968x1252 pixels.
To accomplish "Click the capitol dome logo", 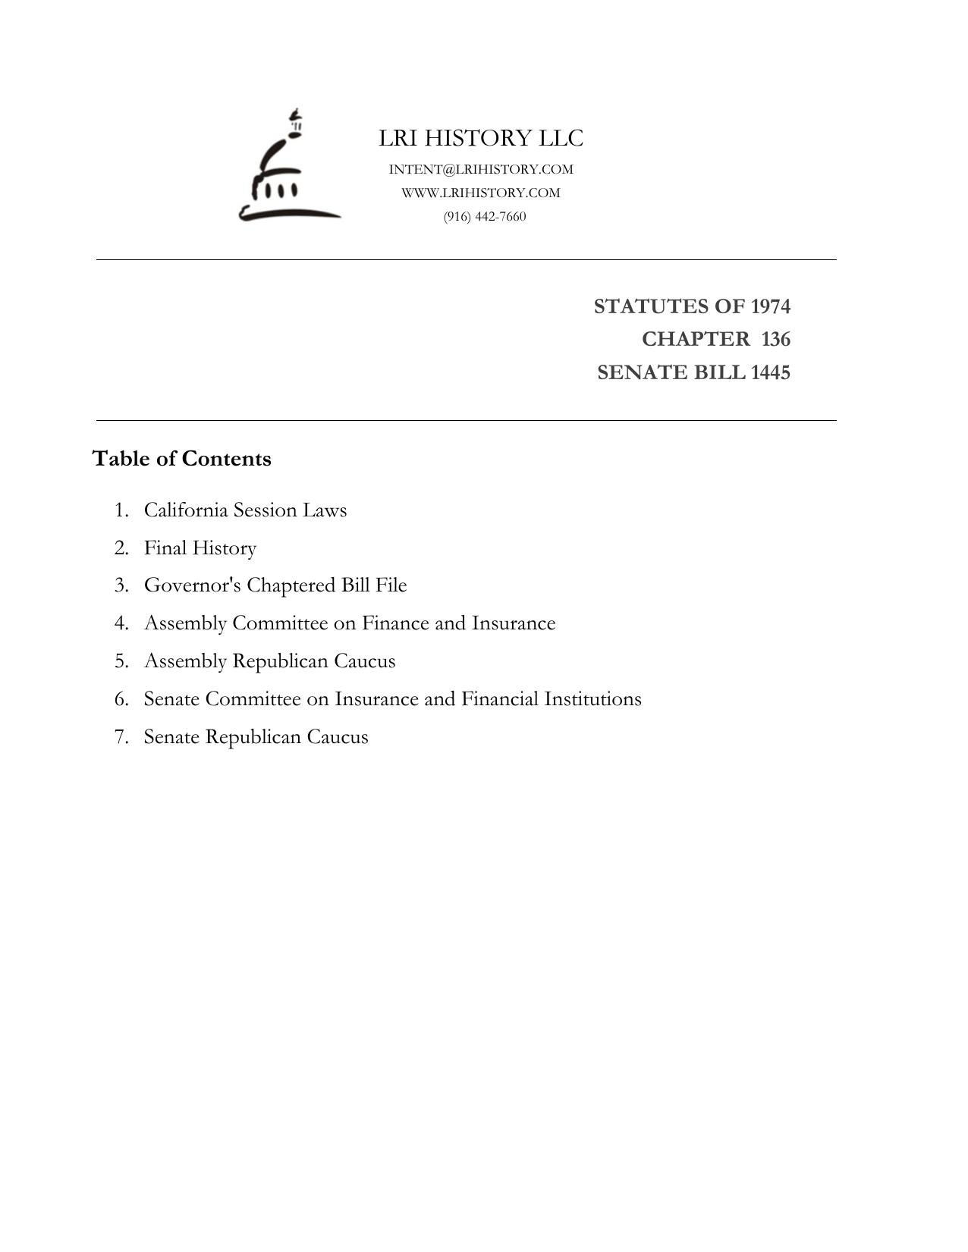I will click(288, 167).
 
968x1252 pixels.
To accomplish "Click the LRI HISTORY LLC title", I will click(481, 138).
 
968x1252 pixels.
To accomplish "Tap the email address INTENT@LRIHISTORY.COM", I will click(481, 169).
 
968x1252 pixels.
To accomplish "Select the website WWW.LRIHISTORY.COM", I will click(481, 193).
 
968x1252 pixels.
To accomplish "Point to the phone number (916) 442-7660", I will click(485, 216).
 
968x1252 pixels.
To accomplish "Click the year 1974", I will click(770, 306).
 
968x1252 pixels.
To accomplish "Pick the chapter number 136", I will click(775, 339).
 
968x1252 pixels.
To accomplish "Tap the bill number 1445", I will click(770, 372).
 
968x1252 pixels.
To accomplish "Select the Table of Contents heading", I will click(181, 459).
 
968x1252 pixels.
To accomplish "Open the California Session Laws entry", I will click(245, 510).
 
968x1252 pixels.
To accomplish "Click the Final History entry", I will click(200, 548).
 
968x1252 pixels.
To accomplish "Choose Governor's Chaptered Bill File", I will click(275, 585).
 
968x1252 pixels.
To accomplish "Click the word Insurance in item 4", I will click(514, 623).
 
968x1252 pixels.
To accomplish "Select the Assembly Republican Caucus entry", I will click(269, 661).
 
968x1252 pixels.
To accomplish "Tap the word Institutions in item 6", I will click(592, 699).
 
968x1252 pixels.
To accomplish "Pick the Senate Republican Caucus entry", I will click(256, 737).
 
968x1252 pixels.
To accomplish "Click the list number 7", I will click(121, 737).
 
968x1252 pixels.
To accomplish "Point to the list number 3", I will click(121, 585).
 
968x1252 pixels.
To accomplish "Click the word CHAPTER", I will click(695, 339).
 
